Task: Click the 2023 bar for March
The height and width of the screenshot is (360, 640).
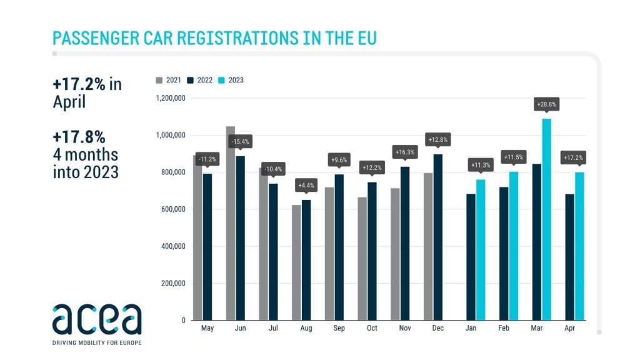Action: pos(546,219)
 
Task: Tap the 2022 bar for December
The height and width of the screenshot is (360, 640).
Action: pos(438,237)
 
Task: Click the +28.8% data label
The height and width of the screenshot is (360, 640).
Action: pos(546,104)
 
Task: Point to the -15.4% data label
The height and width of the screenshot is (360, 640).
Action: pos(240,141)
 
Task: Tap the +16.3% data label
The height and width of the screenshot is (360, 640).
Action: pos(405,151)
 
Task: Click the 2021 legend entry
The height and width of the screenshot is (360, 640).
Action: pos(169,80)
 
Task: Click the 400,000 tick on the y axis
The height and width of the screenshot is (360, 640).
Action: pos(172,246)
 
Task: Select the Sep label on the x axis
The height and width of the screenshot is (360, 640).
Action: pos(339,328)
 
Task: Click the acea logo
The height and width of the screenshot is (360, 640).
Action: pos(97,319)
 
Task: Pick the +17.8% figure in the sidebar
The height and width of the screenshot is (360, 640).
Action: pos(78,136)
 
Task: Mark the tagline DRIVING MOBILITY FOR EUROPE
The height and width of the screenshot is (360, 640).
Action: pos(97,342)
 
